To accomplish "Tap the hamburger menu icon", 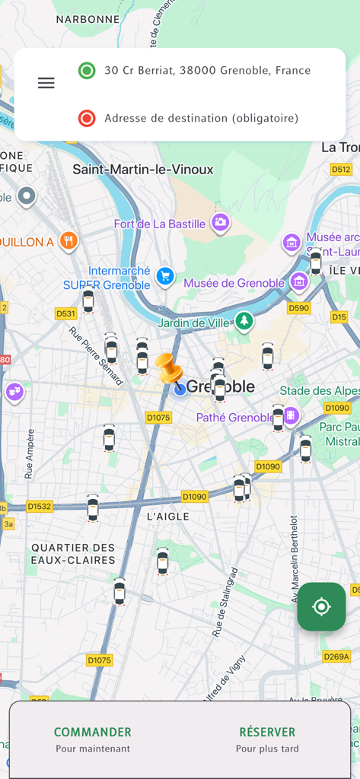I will tap(46, 83).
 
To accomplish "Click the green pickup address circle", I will tap(87, 71).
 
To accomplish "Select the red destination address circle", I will tap(87, 118).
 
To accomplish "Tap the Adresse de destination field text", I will tap(201, 118).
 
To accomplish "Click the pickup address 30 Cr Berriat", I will tap(207, 71).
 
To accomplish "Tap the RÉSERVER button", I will tap(267, 739).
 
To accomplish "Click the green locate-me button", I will tap(321, 606).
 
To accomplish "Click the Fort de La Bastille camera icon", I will tap(221, 223).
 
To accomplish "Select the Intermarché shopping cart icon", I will tap(165, 275).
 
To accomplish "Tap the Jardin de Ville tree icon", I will tap(244, 321).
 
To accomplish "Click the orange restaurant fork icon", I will tap(68, 241).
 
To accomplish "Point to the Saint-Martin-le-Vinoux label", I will tap(143, 169).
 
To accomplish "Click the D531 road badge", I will tap(66, 313).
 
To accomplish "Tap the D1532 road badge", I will tap(40, 506).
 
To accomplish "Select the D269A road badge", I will tap(336, 657).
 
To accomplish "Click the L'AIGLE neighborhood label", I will tap(167, 517).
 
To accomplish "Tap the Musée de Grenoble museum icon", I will tap(299, 282).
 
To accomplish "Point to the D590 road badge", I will tap(298, 308).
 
